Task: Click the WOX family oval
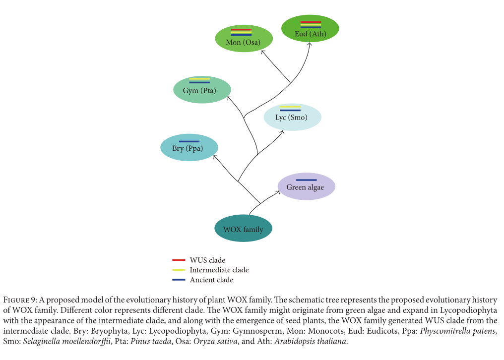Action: pyautogui.click(x=243, y=229)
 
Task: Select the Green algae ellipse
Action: pyautogui.click(x=306, y=187)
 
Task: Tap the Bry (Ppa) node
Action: pyautogui.click(x=189, y=148)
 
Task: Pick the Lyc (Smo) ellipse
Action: pyautogui.click(x=292, y=118)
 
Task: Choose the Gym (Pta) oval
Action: pyautogui.click(x=201, y=90)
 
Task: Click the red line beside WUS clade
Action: pyautogui.click(x=179, y=260)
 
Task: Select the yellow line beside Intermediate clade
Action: pyautogui.click(x=179, y=270)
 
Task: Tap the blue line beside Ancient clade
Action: pyautogui.click(x=179, y=280)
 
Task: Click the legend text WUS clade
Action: pyautogui.click(x=207, y=260)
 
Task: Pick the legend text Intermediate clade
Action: pyautogui.click(x=219, y=270)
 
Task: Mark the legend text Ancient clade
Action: pyautogui.click(x=211, y=280)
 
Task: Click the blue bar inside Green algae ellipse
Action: pyautogui.click(x=306, y=180)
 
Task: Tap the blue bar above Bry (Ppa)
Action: pyautogui.click(x=189, y=141)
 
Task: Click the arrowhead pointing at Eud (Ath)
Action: pyautogui.click(x=310, y=44)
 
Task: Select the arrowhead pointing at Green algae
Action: pyautogui.click(x=279, y=193)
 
